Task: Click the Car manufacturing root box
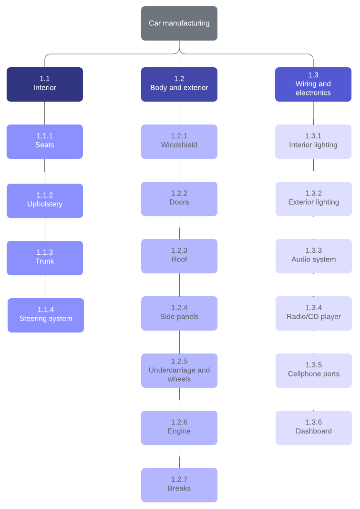179,23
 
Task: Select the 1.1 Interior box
45,84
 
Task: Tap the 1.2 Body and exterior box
179,84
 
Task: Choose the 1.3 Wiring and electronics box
313,84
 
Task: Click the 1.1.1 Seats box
45,142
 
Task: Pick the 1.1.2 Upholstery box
45,201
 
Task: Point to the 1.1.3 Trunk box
45,258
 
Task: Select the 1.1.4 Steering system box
46,315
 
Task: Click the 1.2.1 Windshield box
179,142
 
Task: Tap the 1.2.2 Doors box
179,199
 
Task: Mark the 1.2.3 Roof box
179,256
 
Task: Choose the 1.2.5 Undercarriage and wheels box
179,371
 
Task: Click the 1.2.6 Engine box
179,428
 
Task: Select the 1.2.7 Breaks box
179,485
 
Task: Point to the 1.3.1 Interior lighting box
313,142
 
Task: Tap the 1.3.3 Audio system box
314,256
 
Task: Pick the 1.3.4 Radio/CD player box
314,313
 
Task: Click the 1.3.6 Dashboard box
314,428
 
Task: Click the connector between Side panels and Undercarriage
179,342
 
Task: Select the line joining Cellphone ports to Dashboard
314,399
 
